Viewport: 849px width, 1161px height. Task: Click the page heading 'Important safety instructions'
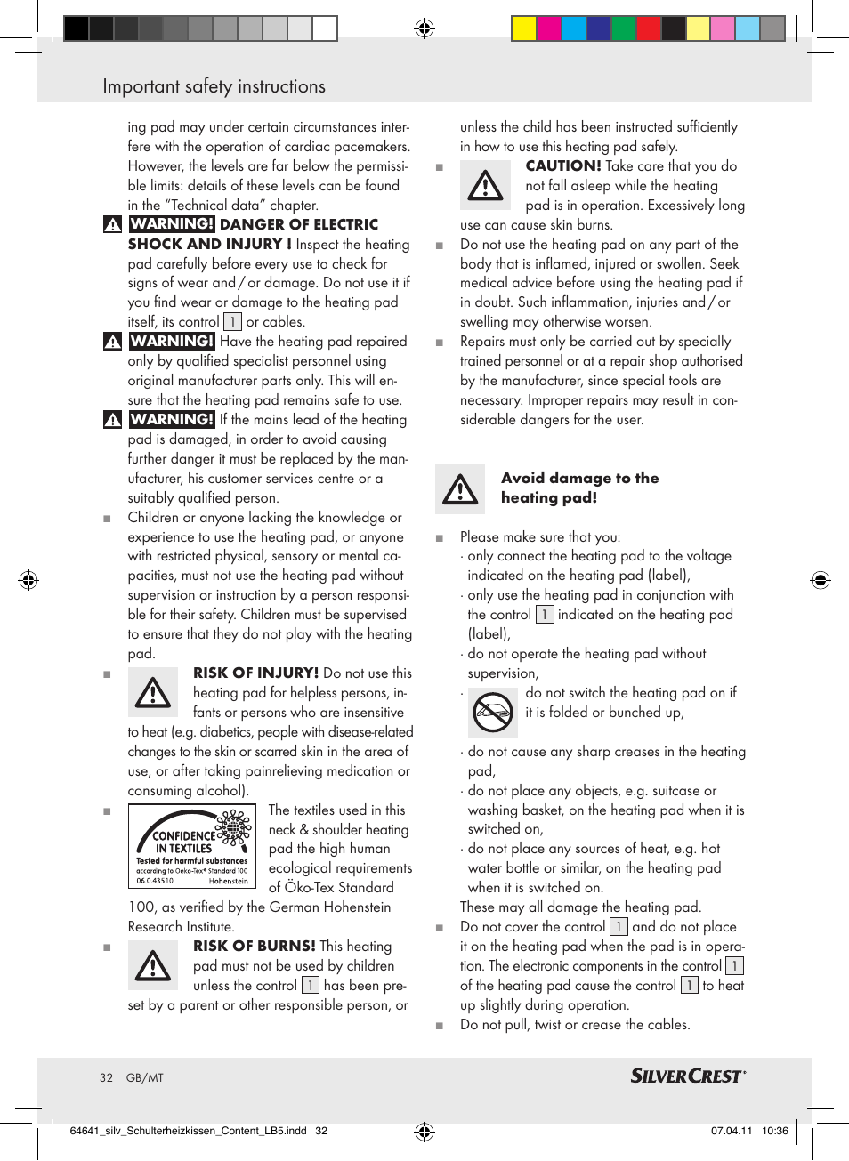coord(214,86)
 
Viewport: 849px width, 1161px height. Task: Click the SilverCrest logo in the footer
coord(687,1076)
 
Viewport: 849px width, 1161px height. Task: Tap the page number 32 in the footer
coord(107,1077)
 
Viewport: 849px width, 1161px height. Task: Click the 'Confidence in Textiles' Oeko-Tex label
coord(192,846)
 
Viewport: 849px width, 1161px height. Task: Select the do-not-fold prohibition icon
coord(492,711)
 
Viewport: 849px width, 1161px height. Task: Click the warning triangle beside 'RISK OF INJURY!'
coord(153,693)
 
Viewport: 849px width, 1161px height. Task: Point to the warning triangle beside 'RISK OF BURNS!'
coord(153,966)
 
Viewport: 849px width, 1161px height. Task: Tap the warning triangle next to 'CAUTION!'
coord(486,185)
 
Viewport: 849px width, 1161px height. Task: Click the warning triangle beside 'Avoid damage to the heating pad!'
coord(460,488)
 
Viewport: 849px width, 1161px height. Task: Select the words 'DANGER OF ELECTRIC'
coord(299,224)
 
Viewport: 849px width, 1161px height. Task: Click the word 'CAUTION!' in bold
coord(563,165)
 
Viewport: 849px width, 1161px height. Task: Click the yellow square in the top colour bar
coord(524,29)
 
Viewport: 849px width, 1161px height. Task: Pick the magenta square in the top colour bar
coord(549,29)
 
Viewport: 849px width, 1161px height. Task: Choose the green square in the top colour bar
coord(624,29)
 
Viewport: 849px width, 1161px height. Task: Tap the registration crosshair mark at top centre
coord(424,28)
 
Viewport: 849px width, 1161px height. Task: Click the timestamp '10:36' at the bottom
coord(774,1131)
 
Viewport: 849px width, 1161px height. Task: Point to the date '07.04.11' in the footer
coord(731,1131)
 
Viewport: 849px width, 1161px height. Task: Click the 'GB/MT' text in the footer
coord(145,1077)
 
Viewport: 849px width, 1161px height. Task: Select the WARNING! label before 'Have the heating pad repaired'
coord(173,341)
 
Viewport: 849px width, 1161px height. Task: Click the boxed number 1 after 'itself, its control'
coord(232,321)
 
